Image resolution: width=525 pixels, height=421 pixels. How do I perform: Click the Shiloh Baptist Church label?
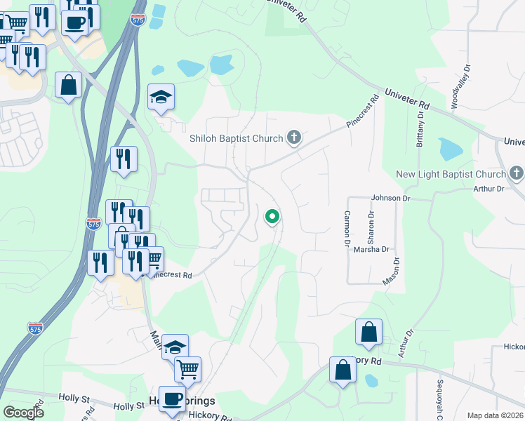click(236, 138)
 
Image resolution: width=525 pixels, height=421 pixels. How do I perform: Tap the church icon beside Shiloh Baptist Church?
click(294, 138)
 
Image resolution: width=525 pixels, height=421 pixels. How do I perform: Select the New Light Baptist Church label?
click(451, 174)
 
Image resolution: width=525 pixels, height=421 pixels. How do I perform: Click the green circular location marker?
click(272, 217)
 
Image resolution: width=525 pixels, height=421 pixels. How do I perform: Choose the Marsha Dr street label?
click(371, 249)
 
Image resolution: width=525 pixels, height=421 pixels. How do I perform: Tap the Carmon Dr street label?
click(347, 228)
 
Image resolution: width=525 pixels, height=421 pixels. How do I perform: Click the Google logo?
click(23, 413)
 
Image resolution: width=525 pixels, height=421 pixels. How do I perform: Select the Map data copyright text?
click(496, 415)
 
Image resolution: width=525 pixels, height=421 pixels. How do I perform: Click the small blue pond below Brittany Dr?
click(450, 149)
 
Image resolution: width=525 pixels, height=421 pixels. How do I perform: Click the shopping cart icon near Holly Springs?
click(187, 368)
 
